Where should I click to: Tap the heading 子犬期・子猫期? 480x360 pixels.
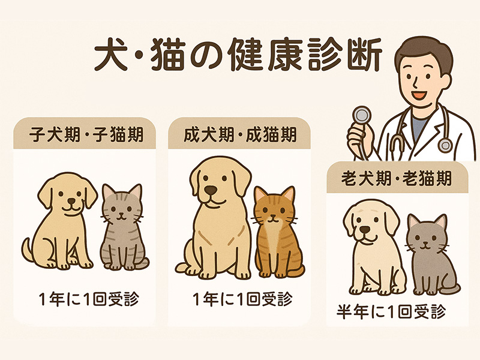click(86, 134)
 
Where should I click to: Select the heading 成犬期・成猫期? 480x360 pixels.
click(241, 134)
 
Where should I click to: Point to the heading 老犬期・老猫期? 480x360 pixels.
click(397, 178)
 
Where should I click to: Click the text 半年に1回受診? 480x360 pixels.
click(391, 311)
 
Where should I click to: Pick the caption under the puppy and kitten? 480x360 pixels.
click(89, 299)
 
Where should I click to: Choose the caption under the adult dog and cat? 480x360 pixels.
click(242, 299)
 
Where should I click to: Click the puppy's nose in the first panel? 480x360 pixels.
click(71, 201)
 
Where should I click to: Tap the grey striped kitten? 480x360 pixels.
click(122, 227)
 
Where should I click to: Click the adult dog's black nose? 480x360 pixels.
click(211, 190)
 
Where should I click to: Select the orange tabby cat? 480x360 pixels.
click(277, 232)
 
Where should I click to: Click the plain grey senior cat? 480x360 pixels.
click(431, 254)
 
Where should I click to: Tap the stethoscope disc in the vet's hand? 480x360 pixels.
click(362, 116)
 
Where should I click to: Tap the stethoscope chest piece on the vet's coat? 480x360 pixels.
click(445, 145)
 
